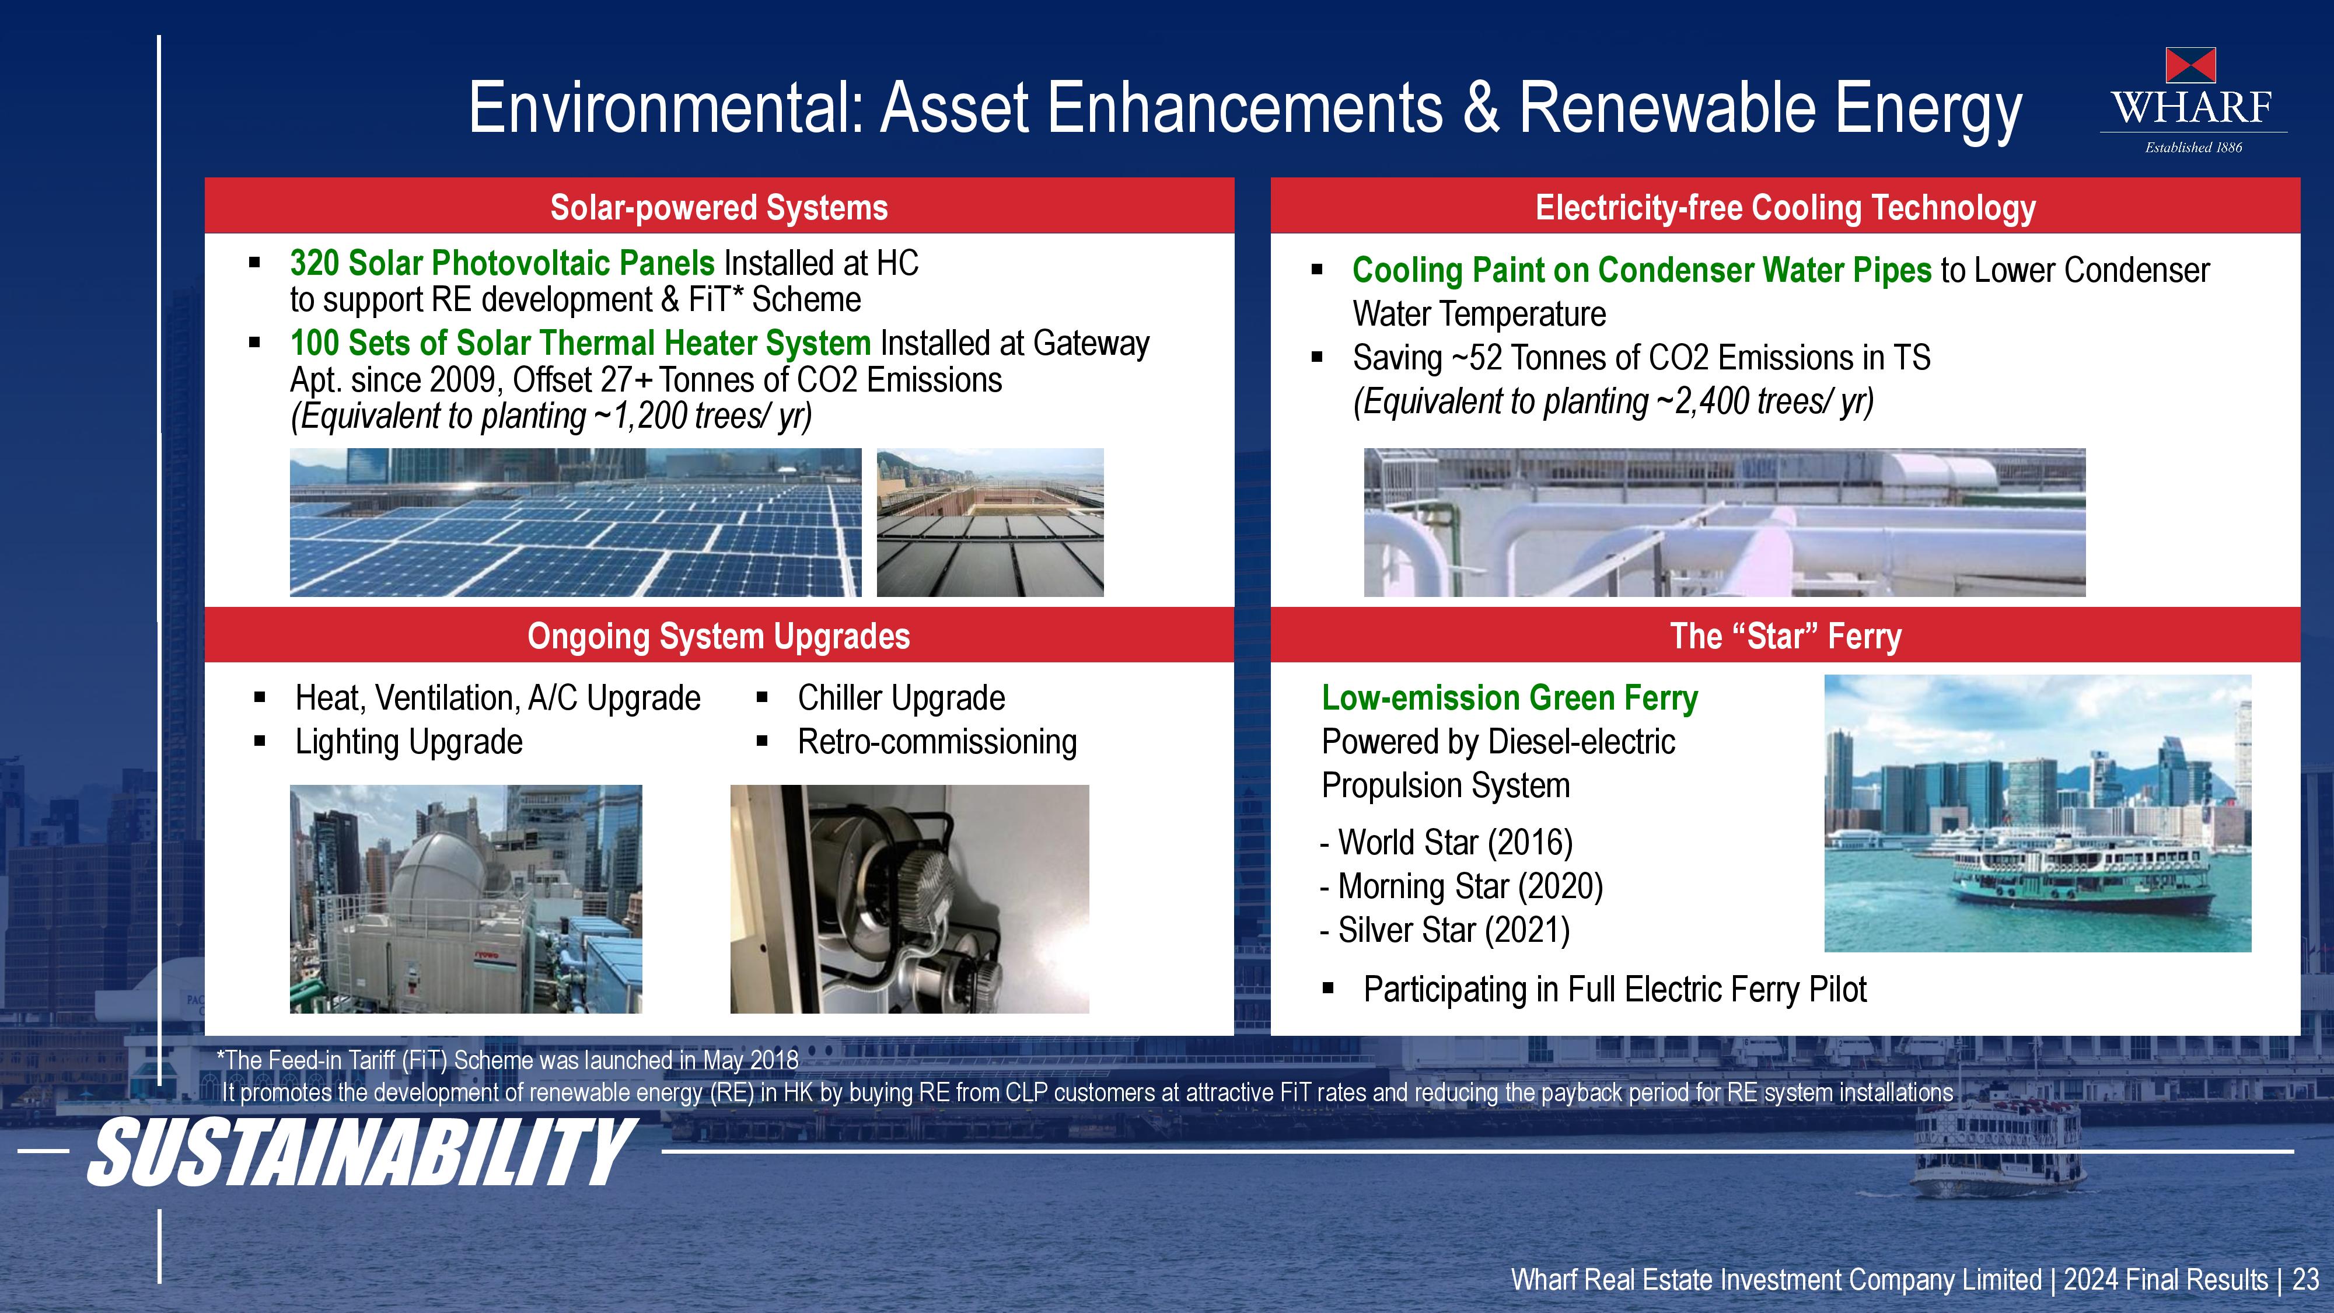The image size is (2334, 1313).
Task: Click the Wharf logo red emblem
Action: pos(2191,65)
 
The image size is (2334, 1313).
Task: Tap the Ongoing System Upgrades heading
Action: pos(718,636)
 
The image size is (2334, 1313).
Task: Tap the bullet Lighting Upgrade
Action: pos(408,741)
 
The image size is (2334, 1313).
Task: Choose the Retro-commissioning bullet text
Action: pos(938,741)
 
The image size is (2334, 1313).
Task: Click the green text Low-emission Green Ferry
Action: pos(1510,698)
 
